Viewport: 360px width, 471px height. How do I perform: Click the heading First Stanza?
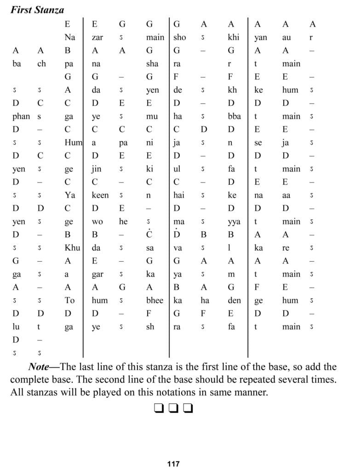coord(37,10)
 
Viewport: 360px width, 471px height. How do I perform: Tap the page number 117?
coord(173,464)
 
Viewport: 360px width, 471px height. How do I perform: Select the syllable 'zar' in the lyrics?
coord(97,38)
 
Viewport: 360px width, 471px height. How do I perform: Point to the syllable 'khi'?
coord(234,38)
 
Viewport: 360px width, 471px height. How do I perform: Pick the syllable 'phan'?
coord(19,116)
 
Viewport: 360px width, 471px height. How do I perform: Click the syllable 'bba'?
coord(233,116)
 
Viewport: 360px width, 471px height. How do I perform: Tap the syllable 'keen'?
coord(100,195)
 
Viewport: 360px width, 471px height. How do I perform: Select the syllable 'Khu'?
coord(72,248)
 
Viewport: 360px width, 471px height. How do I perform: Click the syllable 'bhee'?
coord(154,300)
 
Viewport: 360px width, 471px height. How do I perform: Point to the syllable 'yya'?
coord(234,222)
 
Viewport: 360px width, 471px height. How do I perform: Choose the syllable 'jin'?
coord(97,169)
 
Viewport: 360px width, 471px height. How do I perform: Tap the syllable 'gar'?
coord(97,274)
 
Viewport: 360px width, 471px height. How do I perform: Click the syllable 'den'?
coord(231,300)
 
